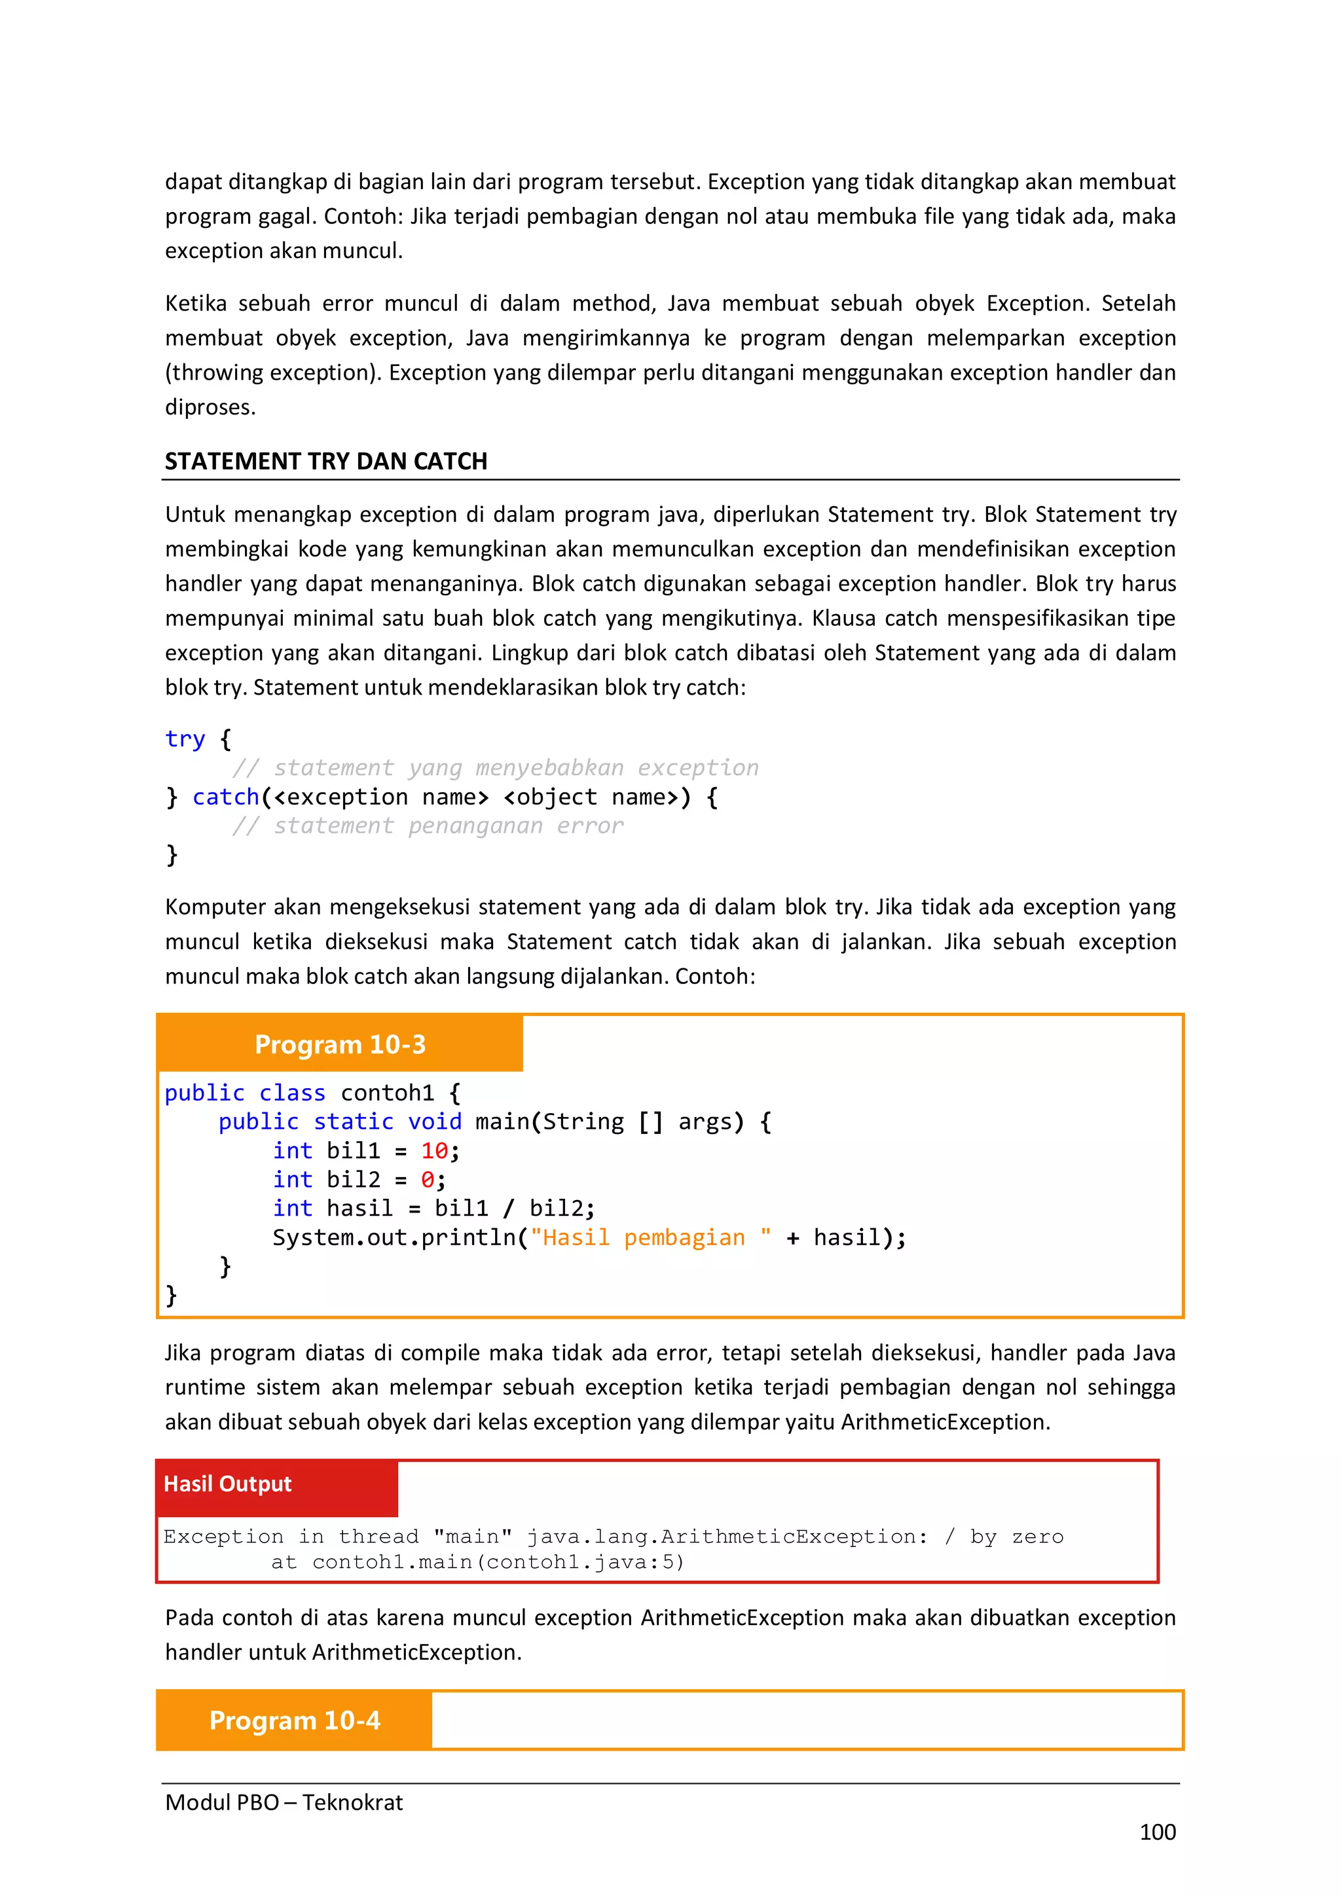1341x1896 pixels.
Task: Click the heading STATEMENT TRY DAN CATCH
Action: [x=325, y=461]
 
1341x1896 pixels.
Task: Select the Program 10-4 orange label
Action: [x=294, y=1720]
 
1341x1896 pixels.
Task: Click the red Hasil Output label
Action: [x=227, y=1484]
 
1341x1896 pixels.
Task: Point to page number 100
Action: [x=1157, y=1832]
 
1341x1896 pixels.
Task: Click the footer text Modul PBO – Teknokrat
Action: [x=284, y=1802]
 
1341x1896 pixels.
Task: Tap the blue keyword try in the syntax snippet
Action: [x=184, y=738]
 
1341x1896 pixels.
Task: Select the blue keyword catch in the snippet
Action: [x=225, y=797]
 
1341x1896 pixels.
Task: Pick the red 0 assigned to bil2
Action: [x=427, y=1179]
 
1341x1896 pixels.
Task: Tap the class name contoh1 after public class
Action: [x=386, y=1093]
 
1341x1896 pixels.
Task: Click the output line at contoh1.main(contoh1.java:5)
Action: [x=477, y=1561]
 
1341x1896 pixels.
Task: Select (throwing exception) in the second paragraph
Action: [x=272, y=373]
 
